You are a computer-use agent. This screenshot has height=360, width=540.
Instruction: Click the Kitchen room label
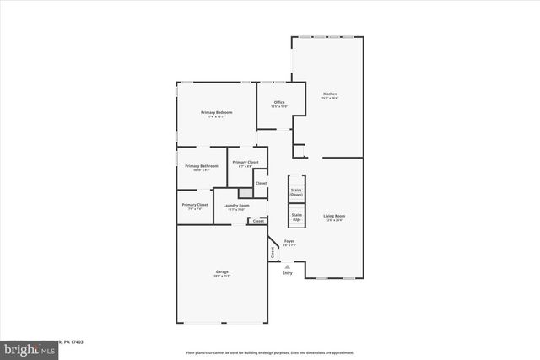tap(330, 94)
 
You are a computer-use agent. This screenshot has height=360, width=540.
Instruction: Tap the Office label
tap(279, 102)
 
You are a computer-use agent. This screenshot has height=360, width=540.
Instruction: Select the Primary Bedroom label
tap(216, 113)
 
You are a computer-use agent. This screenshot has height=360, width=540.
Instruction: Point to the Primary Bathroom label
tap(202, 166)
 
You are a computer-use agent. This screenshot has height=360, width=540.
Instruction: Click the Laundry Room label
tap(236, 206)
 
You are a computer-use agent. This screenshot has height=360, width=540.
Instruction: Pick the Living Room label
tap(335, 216)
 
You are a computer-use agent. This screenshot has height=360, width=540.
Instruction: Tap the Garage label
tap(222, 271)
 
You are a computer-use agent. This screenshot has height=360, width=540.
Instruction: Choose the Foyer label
tap(289, 241)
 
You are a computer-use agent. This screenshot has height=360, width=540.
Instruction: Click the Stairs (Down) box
tap(296, 192)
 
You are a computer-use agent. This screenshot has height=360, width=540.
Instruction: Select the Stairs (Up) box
tap(296, 217)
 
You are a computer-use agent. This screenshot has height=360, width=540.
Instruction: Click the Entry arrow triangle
tap(287, 266)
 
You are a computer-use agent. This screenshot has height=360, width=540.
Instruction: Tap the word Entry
tap(288, 273)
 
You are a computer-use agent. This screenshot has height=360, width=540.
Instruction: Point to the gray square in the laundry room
tap(244, 193)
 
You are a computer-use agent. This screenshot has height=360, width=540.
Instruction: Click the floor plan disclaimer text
tap(269, 352)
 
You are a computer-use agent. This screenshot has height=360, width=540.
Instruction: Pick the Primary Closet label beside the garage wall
tap(195, 205)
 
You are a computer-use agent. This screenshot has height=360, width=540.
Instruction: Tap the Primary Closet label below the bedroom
tap(246, 162)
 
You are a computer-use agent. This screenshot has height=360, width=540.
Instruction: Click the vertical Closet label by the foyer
tap(273, 251)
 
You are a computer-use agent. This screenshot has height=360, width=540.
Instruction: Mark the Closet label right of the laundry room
tap(257, 221)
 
